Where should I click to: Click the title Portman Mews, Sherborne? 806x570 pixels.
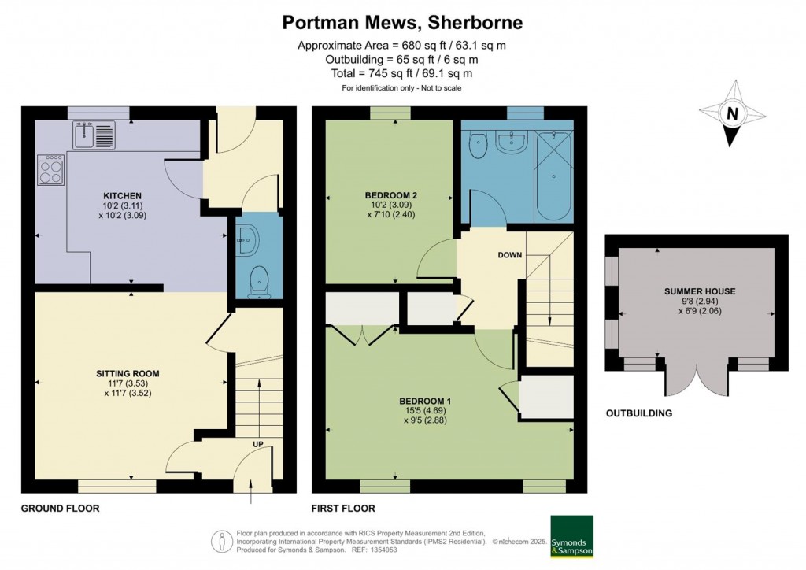coord(401,22)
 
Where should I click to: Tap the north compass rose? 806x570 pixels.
coord(732,113)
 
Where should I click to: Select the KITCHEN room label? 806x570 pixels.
coord(122,196)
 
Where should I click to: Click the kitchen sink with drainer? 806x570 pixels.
coord(94,135)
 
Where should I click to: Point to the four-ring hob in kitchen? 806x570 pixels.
coord(51,170)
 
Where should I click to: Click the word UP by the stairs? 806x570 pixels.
coord(257,445)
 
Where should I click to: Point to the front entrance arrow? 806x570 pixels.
coord(251,495)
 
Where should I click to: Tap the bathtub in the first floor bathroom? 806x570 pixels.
coord(553,176)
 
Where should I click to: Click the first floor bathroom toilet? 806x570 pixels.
coord(478,145)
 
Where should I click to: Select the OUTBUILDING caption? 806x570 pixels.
coord(638,413)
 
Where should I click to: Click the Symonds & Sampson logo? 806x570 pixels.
coord(571,536)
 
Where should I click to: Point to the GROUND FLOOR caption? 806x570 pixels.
coord(60,509)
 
